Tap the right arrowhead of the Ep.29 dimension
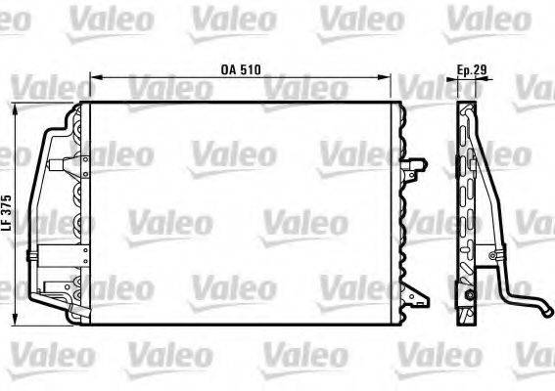(x=486, y=79)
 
